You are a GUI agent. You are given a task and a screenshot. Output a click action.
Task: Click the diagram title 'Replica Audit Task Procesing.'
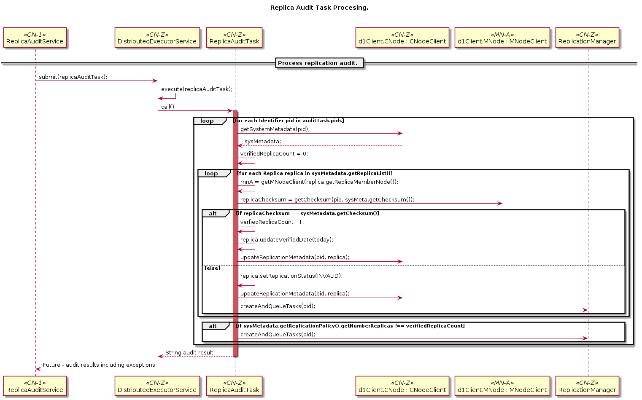pos(319,8)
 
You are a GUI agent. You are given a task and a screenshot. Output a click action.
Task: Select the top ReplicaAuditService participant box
pos(35,38)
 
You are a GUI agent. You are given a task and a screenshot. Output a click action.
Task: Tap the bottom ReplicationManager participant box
pos(587,387)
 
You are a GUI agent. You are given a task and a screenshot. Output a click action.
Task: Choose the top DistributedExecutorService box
pos(157,38)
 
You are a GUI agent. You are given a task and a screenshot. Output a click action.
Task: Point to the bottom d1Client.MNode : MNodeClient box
pos(502,387)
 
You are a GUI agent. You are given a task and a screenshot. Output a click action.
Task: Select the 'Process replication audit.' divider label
pos(319,63)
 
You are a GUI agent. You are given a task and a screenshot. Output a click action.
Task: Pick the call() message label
pos(167,107)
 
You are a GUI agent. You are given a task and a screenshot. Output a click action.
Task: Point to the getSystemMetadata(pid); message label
pos(275,129)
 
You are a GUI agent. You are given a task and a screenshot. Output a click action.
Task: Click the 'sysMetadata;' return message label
pos(263,141)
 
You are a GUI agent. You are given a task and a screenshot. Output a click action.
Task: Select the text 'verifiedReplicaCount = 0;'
pos(274,153)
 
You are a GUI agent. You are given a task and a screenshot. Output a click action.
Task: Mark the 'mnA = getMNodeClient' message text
pos(319,182)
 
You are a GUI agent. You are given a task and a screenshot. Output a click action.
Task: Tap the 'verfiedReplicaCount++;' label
pos(272,222)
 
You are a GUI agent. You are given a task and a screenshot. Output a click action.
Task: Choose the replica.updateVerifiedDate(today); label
pos(287,239)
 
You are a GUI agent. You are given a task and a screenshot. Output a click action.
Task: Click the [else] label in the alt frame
pos(212,268)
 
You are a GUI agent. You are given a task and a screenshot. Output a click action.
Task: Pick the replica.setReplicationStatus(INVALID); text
pos(291,276)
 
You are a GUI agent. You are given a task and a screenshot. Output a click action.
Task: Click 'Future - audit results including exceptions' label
pos(99,365)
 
